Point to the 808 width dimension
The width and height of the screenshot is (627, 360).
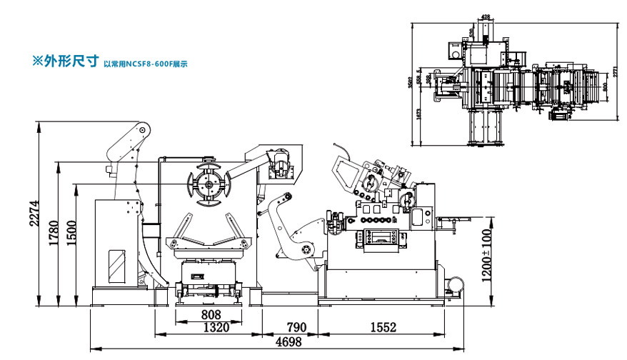pos(211,314)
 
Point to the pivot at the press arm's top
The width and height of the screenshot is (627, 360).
pos(143,130)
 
